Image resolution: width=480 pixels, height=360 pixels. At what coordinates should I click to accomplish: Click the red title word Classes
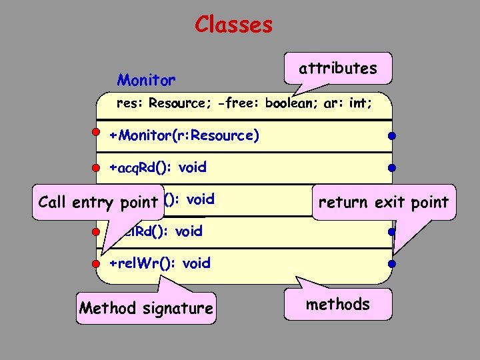pos(233,25)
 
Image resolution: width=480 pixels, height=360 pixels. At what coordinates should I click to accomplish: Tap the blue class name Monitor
pos(147,81)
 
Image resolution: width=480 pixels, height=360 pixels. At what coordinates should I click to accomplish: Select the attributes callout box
pos(338,68)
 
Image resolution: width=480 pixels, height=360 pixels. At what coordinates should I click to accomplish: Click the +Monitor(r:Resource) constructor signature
pos(184,135)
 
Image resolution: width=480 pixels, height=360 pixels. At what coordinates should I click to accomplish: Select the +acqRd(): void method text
pos(158,167)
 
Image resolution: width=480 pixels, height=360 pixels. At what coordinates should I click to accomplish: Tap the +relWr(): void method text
pos(160,263)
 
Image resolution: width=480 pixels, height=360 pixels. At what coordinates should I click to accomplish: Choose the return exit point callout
pos(384,202)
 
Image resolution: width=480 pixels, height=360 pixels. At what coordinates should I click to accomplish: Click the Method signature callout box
pos(147,308)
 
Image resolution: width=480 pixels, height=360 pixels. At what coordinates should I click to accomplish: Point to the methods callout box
pos(338,305)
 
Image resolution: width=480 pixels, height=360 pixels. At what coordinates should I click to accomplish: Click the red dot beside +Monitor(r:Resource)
pos(97,132)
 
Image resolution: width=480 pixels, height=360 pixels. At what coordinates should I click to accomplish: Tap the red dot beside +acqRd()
pos(97,167)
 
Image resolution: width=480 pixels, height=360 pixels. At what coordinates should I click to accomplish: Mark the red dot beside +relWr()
pos(97,263)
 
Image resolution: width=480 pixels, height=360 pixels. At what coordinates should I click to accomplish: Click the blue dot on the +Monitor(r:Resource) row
pos(393,136)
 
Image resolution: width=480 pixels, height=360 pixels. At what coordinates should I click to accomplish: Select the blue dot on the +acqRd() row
pos(393,167)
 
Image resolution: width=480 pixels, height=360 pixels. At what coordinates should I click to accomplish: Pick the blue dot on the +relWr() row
pos(393,263)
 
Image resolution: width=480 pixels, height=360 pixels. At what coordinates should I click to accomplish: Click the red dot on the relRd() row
pos(97,231)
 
